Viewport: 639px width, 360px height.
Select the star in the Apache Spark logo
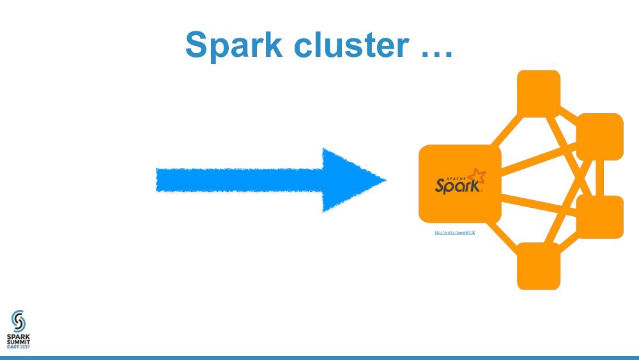click(x=476, y=176)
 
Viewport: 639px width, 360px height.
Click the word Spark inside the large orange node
click(x=456, y=185)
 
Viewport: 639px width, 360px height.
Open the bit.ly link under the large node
click(x=455, y=232)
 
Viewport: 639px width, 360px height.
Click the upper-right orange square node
click(x=599, y=136)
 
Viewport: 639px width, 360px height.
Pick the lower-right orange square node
click(x=599, y=217)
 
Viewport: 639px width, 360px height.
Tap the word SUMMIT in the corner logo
click(x=19, y=341)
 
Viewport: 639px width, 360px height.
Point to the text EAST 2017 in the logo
click(x=19, y=347)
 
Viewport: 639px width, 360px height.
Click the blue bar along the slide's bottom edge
click(x=319, y=357)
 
